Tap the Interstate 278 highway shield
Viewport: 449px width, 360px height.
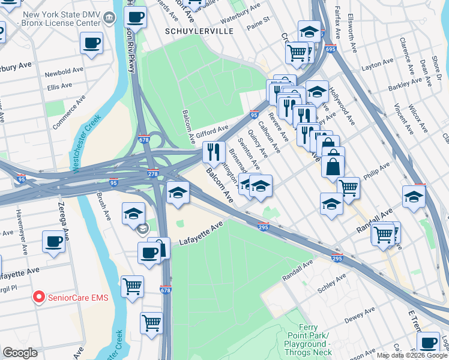point(153,173)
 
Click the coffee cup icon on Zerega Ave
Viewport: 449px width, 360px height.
point(53,242)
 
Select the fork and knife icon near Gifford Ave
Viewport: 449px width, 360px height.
point(212,152)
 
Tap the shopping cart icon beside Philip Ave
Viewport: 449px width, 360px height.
point(348,188)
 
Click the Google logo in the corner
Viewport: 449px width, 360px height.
point(20,353)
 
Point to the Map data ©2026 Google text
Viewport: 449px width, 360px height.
point(411,355)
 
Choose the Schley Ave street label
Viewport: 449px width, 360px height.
point(331,283)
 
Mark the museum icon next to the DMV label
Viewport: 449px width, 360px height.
point(109,18)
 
